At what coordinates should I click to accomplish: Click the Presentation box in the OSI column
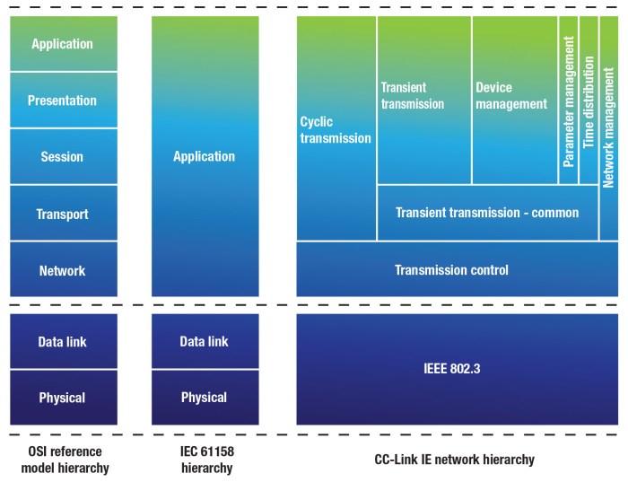pyautogui.click(x=63, y=100)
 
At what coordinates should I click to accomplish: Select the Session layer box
pyautogui.click(x=63, y=156)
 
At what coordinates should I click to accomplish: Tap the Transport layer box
pyautogui.click(x=63, y=214)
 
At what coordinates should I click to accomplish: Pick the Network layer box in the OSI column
pyautogui.click(x=63, y=270)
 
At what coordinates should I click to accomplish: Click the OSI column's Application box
pyautogui.click(x=63, y=43)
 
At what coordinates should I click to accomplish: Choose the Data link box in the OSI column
pyautogui.click(x=63, y=341)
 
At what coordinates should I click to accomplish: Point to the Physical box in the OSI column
pyautogui.click(x=63, y=397)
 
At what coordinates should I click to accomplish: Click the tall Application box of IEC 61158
pyautogui.click(x=205, y=156)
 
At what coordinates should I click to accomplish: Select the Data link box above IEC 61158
pyautogui.click(x=205, y=341)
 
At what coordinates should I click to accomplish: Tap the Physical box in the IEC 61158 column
pyautogui.click(x=205, y=397)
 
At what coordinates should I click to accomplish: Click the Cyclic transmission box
pyautogui.click(x=336, y=130)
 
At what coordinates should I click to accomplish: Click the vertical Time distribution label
pyautogui.click(x=589, y=101)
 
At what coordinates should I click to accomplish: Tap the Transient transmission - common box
pyautogui.click(x=487, y=213)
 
